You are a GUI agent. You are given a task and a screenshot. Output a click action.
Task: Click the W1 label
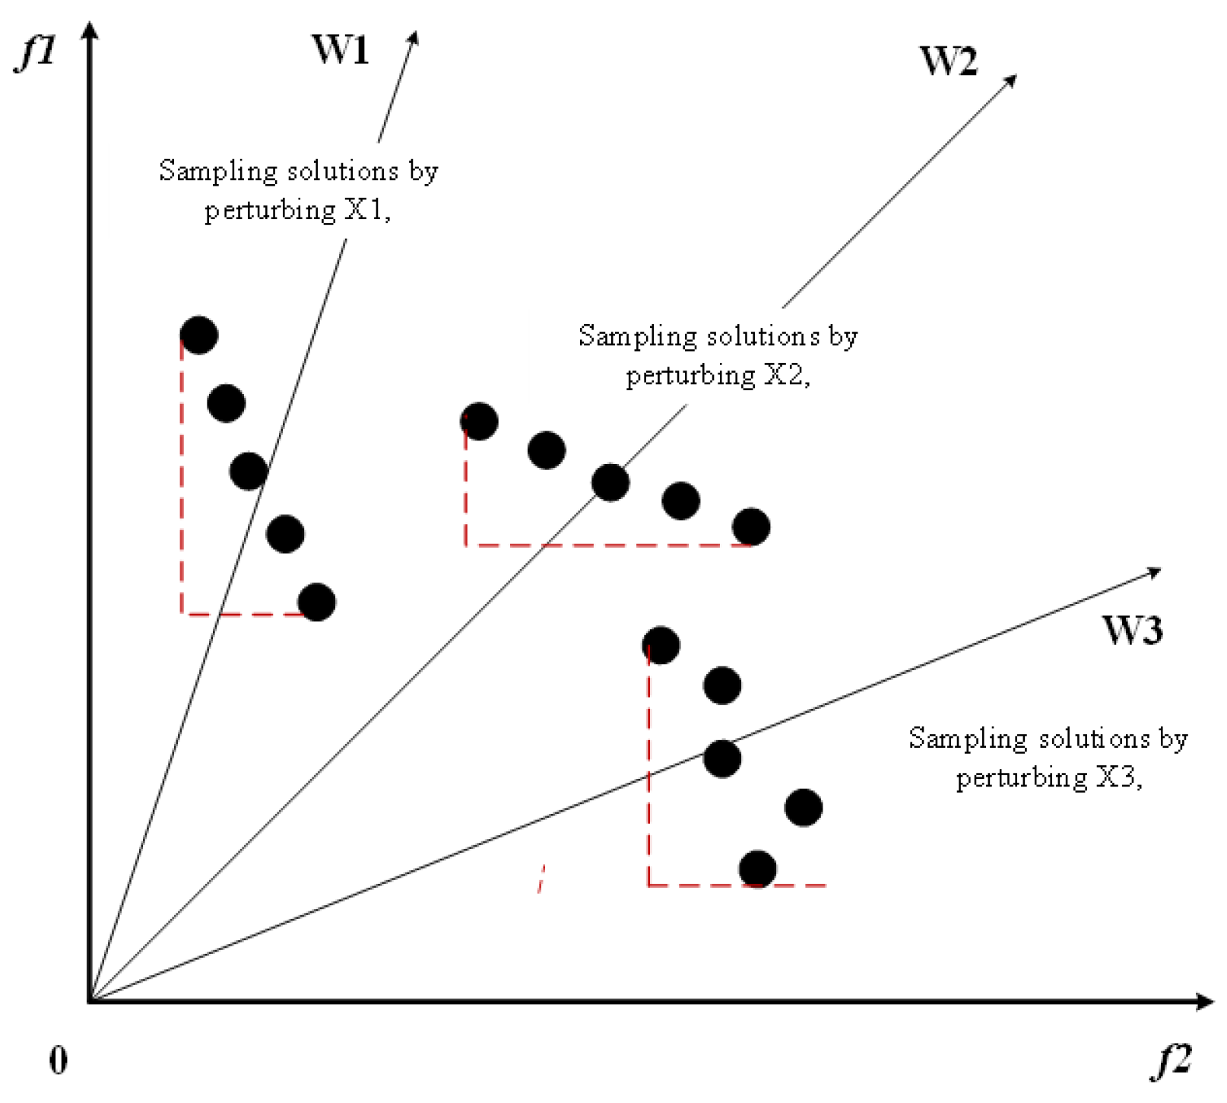(x=340, y=50)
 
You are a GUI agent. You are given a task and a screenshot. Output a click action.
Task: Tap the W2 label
(x=948, y=61)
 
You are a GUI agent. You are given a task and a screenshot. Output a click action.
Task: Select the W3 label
(x=1132, y=631)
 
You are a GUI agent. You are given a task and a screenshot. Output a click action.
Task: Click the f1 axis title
(x=36, y=52)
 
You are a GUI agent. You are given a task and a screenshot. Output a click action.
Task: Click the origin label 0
(x=59, y=1060)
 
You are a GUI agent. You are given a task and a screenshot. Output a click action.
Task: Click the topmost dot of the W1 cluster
(x=199, y=335)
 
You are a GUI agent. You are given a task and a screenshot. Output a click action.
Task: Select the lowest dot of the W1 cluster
(x=317, y=602)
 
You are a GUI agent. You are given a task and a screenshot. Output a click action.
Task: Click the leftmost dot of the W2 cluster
(x=480, y=421)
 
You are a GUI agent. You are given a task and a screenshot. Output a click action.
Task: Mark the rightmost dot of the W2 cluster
(x=751, y=527)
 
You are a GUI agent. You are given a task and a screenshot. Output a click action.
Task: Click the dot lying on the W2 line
(x=610, y=482)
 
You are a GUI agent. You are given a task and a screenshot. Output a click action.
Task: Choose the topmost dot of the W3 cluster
(x=661, y=646)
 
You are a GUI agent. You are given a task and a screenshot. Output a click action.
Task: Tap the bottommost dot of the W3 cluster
(x=758, y=869)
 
